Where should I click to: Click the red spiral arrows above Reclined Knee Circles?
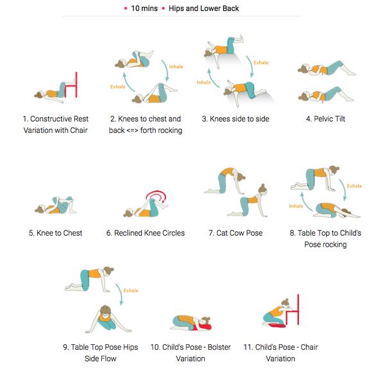[157, 195]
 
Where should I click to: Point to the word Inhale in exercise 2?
[176, 67]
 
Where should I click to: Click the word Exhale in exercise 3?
[261, 63]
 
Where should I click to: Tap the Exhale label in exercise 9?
[131, 290]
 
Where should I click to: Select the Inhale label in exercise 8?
[296, 206]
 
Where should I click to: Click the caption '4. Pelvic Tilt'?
[325, 119]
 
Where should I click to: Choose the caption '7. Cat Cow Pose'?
[235, 233]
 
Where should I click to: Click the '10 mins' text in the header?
[144, 8]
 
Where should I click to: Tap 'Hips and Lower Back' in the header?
[204, 8]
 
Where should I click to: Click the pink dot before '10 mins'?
[126, 8]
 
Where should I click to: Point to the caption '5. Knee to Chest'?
[55, 233]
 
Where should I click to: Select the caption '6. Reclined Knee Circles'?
[146, 233]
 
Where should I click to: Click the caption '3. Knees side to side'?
[235, 119]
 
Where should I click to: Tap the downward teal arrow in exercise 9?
[119, 294]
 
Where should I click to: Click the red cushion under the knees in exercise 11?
[277, 326]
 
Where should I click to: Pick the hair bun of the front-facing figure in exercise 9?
[105, 308]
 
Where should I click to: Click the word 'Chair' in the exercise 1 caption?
[79, 130]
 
